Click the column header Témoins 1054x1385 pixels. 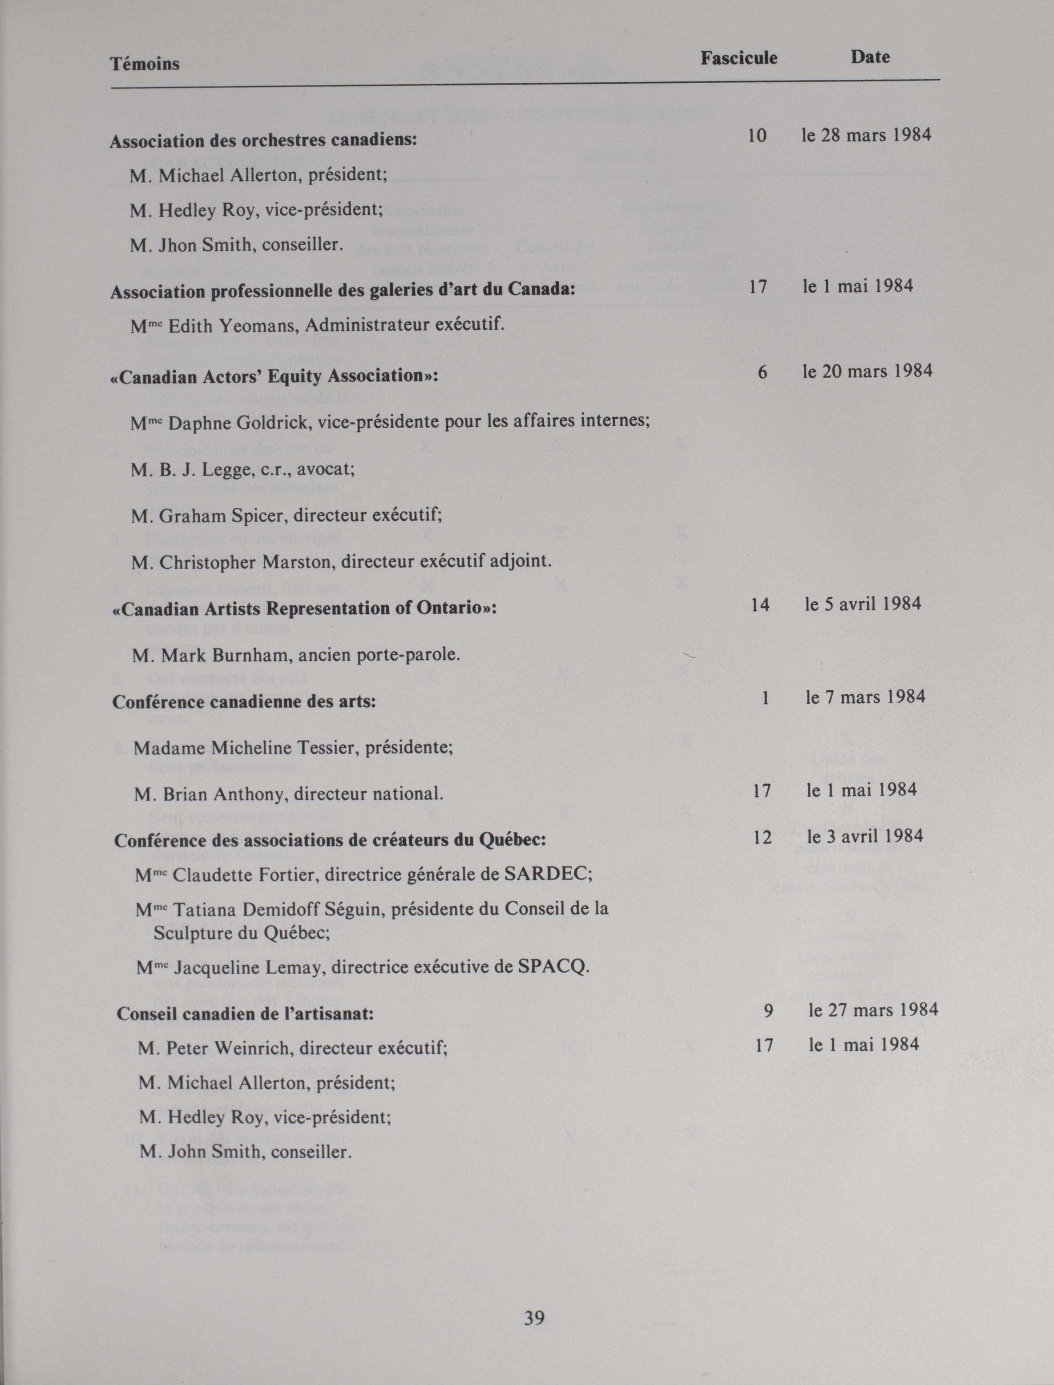[x=145, y=64]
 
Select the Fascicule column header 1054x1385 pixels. [x=739, y=58]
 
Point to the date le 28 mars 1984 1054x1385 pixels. [x=866, y=135]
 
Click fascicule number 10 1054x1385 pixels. [x=757, y=136]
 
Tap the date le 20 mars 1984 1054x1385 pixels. [x=867, y=371]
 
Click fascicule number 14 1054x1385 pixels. [x=760, y=605]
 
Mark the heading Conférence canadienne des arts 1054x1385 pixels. [x=244, y=701]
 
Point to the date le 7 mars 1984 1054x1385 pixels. [x=865, y=697]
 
